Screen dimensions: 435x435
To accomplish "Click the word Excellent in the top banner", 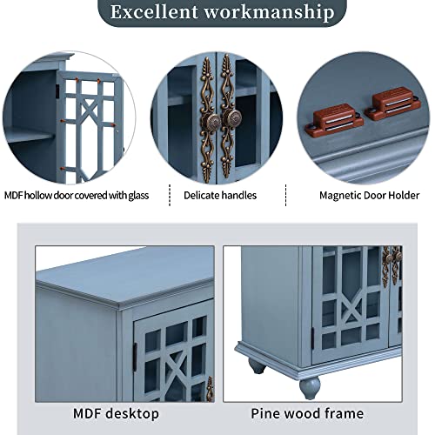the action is coord(154,12).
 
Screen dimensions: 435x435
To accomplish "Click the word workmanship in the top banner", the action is coord(269,13).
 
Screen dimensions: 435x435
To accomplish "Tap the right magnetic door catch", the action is coord(392,104).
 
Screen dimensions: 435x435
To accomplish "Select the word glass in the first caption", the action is coord(138,196).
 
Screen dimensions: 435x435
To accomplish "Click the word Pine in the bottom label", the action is coord(264,413).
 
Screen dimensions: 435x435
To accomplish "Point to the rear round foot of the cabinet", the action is coord(258,367).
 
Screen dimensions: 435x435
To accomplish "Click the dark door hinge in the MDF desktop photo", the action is coord(135,357).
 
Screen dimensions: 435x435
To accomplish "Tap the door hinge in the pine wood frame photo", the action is coord(313,338).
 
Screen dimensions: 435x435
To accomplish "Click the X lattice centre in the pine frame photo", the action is coord(351,311).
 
